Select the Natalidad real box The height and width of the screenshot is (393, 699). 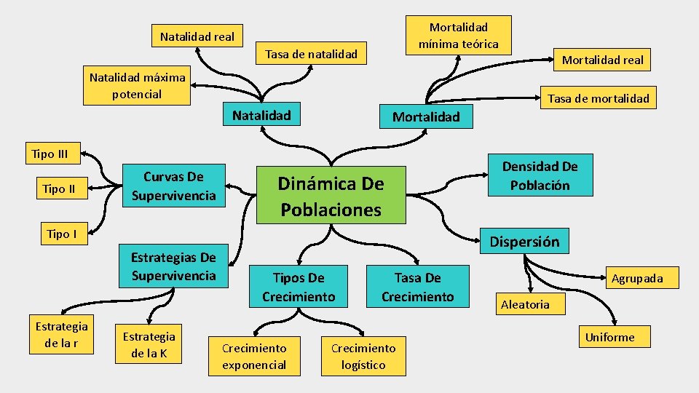[197, 36]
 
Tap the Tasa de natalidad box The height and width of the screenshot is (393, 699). [311, 54]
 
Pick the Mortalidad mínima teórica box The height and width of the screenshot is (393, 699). [458, 36]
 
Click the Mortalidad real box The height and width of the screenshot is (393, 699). [602, 60]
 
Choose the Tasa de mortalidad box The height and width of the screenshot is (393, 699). [598, 98]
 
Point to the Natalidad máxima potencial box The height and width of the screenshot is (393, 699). [137, 85]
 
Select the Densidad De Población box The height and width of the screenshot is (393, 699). [540, 176]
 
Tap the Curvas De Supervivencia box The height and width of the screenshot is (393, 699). [173, 186]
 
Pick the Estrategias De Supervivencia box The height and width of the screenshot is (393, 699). [173, 266]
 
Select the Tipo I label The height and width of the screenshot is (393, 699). [62, 234]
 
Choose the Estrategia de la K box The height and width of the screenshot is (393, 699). [149, 345]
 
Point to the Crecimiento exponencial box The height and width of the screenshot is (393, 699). [254, 357]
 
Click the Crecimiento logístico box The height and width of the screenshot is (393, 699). [363, 357]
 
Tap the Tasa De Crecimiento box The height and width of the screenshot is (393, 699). [417, 287]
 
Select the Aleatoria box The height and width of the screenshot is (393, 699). [525, 305]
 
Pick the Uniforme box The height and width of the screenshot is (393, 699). [609, 337]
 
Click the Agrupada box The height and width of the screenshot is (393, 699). [636, 278]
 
